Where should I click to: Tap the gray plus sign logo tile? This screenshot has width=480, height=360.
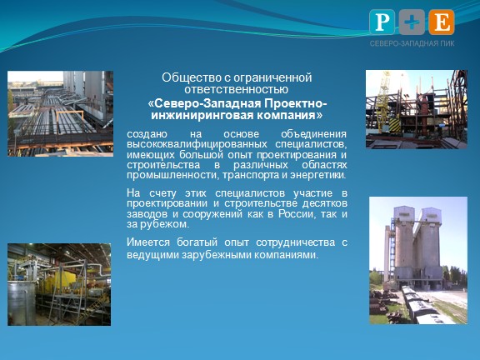[412, 22]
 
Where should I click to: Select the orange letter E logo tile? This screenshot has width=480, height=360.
[441, 22]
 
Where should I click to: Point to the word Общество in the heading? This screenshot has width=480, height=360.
[187, 78]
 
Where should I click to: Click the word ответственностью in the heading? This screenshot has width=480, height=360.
[237, 90]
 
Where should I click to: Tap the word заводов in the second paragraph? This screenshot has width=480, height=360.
[146, 213]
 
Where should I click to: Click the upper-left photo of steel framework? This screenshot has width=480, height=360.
[59, 102]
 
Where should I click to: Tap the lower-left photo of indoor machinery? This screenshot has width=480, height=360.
[59, 283]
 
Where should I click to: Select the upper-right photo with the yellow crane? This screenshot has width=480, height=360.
[417, 109]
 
